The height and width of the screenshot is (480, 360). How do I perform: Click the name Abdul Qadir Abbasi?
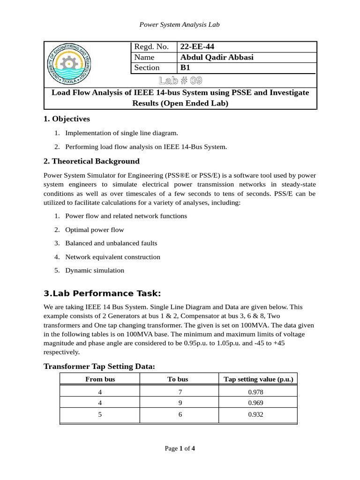click(x=217, y=57)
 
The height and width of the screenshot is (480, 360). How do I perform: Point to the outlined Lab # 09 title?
click(x=180, y=80)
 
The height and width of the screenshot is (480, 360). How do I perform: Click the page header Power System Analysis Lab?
click(x=180, y=24)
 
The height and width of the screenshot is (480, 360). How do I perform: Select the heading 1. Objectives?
click(x=67, y=119)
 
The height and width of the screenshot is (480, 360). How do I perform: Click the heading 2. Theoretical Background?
click(x=91, y=161)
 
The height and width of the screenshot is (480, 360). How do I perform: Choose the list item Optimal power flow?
click(x=95, y=230)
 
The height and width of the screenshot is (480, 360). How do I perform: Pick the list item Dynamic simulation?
click(x=95, y=270)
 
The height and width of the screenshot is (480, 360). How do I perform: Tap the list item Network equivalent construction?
click(x=112, y=257)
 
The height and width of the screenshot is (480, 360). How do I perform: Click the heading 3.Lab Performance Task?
click(x=102, y=294)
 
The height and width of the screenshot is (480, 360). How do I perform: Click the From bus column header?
click(x=100, y=379)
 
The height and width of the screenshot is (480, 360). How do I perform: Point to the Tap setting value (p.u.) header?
click(x=258, y=379)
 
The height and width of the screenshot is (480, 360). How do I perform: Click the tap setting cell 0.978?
click(x=258, y=392)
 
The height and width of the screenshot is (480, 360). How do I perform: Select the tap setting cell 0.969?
click(x=258, y=403)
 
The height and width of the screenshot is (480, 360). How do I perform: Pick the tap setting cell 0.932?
click(x=258, y=415)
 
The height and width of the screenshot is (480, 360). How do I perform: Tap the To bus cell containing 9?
click(x=179, y=403)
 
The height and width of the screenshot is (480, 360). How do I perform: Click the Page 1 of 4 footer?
click(x=180, y=449)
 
